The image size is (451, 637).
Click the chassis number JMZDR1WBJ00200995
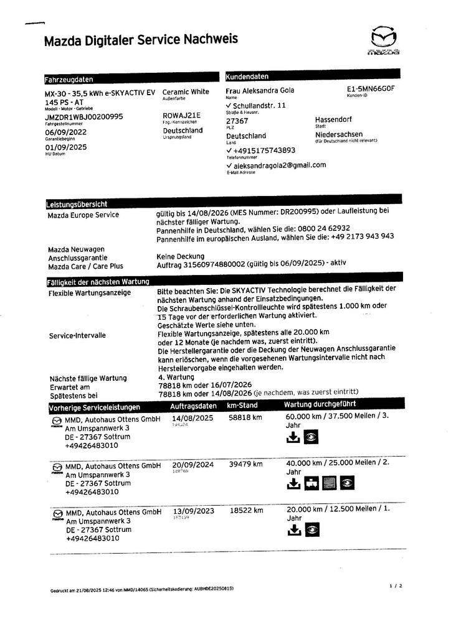[x=84, y=116]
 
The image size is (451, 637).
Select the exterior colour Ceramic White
[x=186, y=91]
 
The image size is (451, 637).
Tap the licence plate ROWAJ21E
[x=181, y=116]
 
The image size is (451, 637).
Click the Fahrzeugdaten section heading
[x=69, y=79]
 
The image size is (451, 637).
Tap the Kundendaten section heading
[x=247, y=77]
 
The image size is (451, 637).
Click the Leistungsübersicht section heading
[x=77, y=204]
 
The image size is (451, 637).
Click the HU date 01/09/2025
[x=66, y=147]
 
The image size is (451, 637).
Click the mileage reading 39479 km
[x=245, y=464]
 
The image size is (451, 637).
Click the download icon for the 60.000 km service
[x=293, y=438]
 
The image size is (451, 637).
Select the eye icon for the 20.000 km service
[x=312, y=530]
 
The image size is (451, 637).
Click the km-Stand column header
[x=242, y=406]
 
